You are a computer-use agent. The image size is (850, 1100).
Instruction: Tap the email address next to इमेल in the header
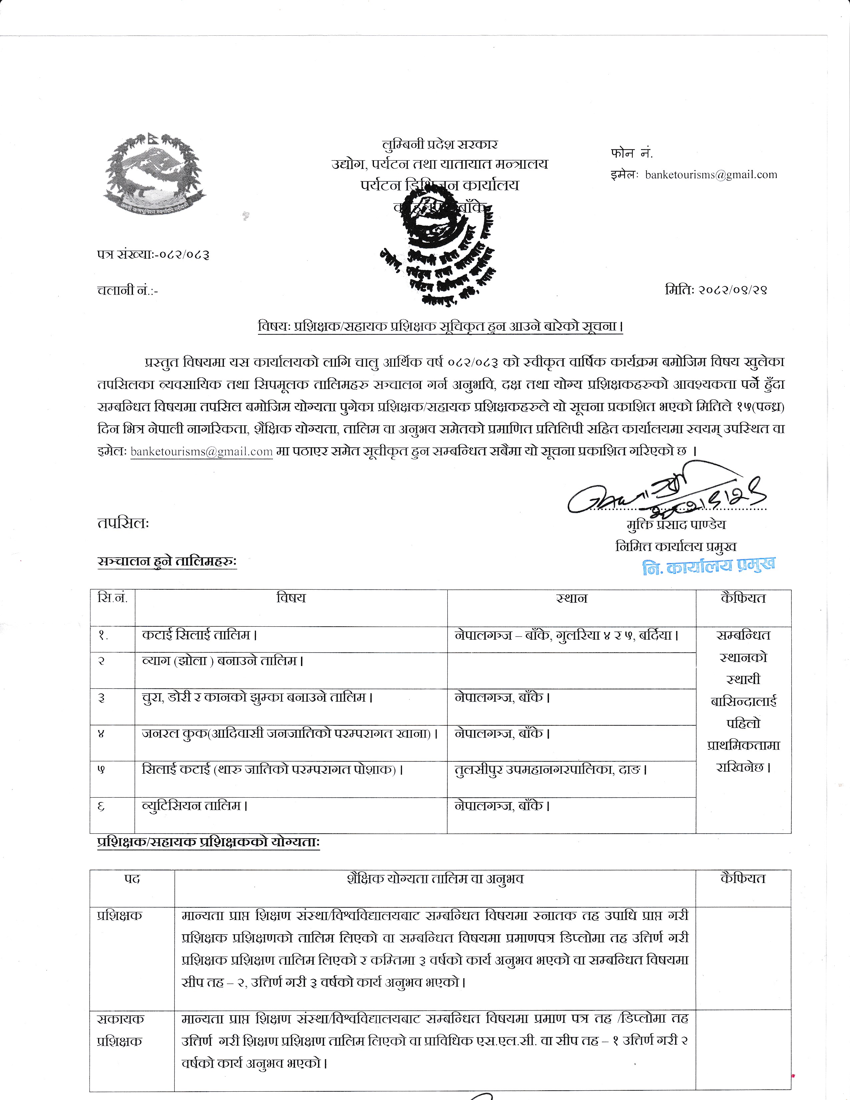coord(711,175)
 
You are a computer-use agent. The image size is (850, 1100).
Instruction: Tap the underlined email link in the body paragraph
coord(201,452)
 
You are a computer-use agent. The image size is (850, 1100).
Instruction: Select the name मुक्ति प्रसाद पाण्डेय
coord(676,525)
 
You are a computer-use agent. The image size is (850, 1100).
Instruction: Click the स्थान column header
coord(572,599)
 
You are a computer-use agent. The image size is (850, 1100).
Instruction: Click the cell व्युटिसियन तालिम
coord(195,806)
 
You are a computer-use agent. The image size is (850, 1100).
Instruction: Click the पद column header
coord(132,879)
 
